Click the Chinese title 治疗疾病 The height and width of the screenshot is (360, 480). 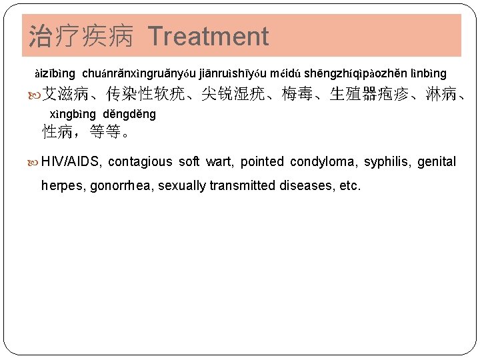tap(83, 36)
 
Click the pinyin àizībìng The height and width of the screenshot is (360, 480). tap(55, 73)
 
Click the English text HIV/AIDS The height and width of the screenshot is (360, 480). tap(71, 161)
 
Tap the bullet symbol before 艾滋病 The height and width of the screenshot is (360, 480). tap(35, 94)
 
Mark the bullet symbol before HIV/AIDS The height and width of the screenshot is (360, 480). tap(35, 161)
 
